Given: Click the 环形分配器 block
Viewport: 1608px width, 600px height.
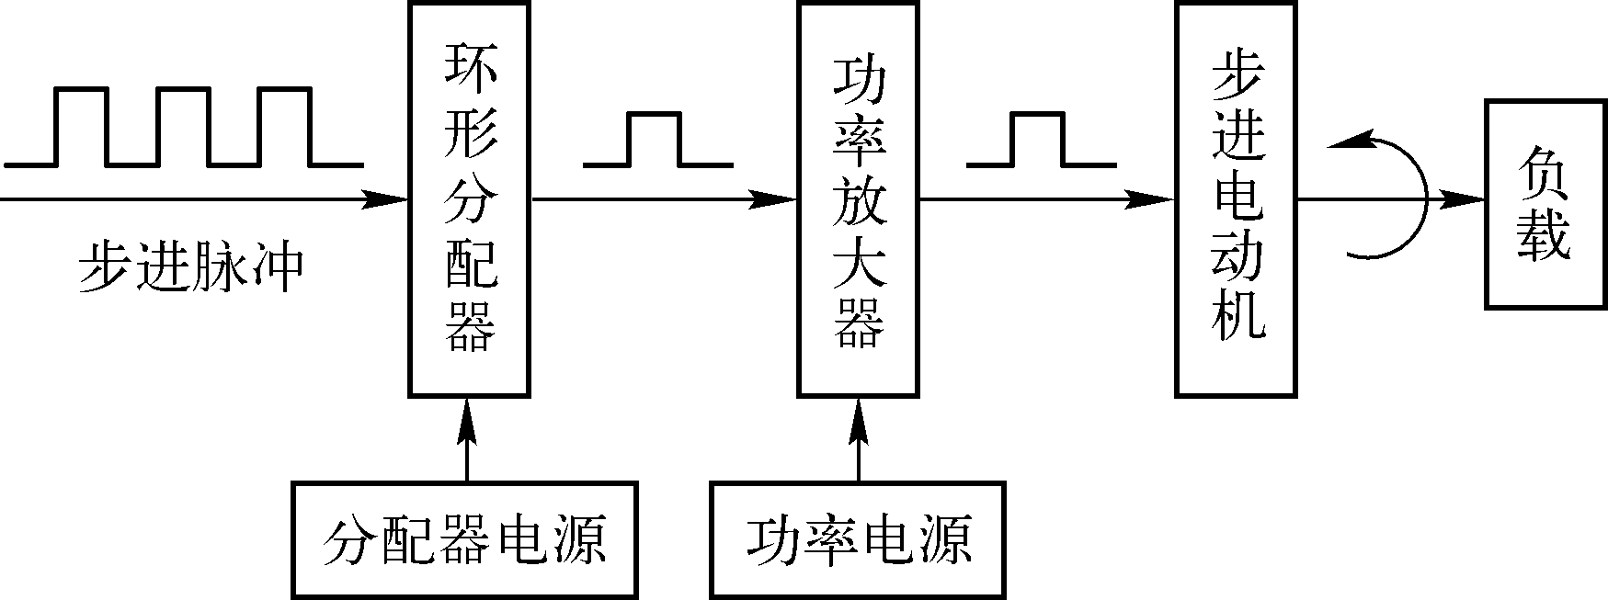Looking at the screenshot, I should tap(469, 198).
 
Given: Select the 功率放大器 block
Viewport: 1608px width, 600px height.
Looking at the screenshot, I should tap(857, 198).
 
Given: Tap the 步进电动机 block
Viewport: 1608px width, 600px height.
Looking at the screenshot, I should tap(1236, 198).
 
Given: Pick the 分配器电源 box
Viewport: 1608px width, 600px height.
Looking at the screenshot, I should tap(465, 539).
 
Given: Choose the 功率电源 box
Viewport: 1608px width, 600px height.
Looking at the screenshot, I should tap(859, 539).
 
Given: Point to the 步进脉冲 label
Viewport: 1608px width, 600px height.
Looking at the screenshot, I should tap(190, 267).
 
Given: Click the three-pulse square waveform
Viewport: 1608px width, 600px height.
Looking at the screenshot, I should tap(184, 128).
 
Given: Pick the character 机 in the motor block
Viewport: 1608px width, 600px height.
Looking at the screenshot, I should tap(1237, 316).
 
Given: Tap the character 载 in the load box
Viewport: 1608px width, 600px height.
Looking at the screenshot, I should tap(1544, 238).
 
